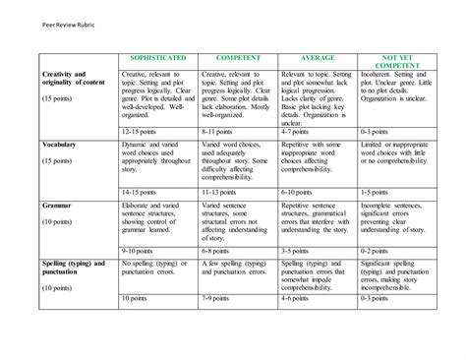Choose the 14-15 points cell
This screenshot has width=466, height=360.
(x=141, y=192)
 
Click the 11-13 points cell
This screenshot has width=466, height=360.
(x=220, y=192)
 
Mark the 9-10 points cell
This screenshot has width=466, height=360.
(x=139, y=251)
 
